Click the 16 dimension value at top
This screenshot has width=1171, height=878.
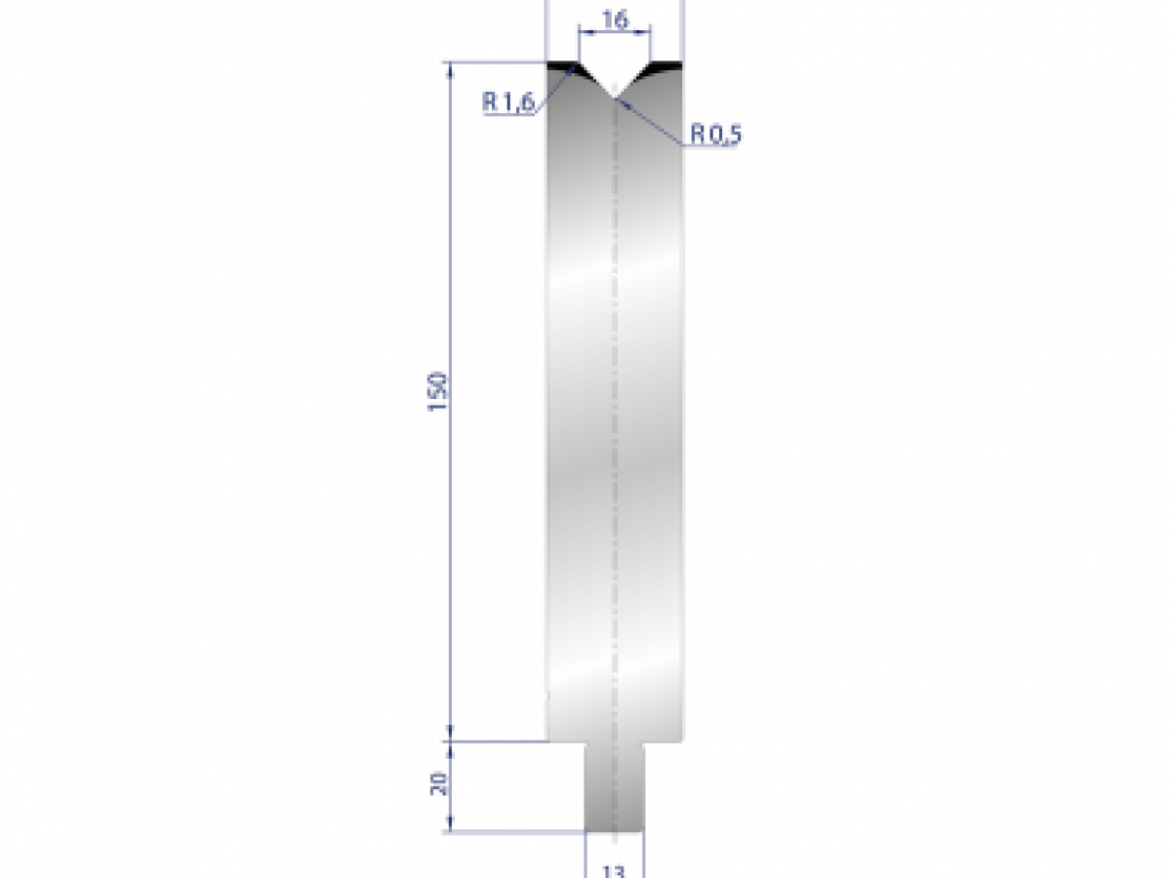(614, 19)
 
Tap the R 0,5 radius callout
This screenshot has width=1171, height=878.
(716, 134)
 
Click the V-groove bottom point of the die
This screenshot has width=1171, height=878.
(614, 97)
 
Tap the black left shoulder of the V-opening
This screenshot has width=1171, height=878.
(562, 67)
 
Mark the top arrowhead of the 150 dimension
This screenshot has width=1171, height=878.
(451, 68)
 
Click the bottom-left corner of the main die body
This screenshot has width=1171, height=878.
(546, 740)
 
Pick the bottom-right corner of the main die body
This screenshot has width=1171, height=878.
(681, 740)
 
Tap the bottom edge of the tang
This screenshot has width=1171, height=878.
(614, 832)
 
